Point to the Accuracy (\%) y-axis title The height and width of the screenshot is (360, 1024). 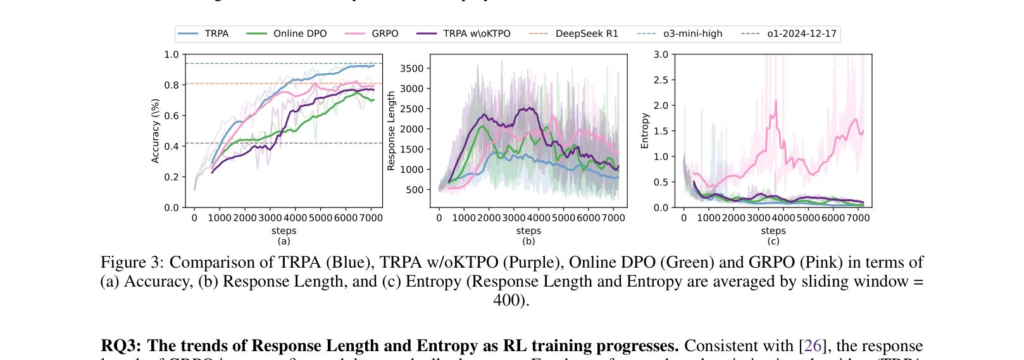point(155,131)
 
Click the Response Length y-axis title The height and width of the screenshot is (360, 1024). point(391,131)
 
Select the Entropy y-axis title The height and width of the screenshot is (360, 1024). point(645,131)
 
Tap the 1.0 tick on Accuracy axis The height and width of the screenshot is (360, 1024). point(172,54)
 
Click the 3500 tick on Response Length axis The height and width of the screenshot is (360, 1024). point(411,68)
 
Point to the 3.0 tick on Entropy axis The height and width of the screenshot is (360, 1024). point(661,54)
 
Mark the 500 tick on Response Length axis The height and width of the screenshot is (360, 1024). point(415,190)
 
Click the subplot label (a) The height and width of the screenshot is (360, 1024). point(284,241)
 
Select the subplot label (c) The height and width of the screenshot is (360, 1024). point(773,241)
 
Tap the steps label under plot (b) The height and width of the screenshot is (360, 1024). point(528,231)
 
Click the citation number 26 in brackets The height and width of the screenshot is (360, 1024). point(813,346)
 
